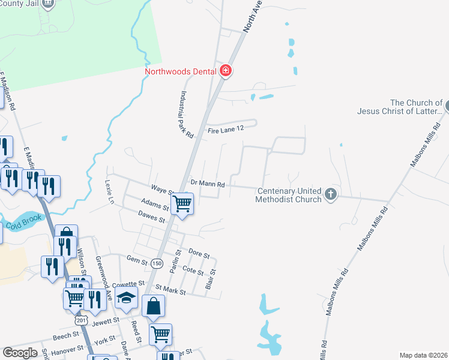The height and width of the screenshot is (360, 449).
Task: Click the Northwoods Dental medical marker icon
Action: (226, 71)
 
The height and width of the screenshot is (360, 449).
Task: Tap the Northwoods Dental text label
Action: (179, 71)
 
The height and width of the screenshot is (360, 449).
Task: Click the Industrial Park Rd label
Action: (185, 115)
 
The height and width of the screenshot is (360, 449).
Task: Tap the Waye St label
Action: (163, 190)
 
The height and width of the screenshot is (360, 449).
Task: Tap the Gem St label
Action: (137, 260)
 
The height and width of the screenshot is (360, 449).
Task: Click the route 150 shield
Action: (157, 263)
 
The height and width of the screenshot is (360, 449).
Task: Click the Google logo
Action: (20, 353)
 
